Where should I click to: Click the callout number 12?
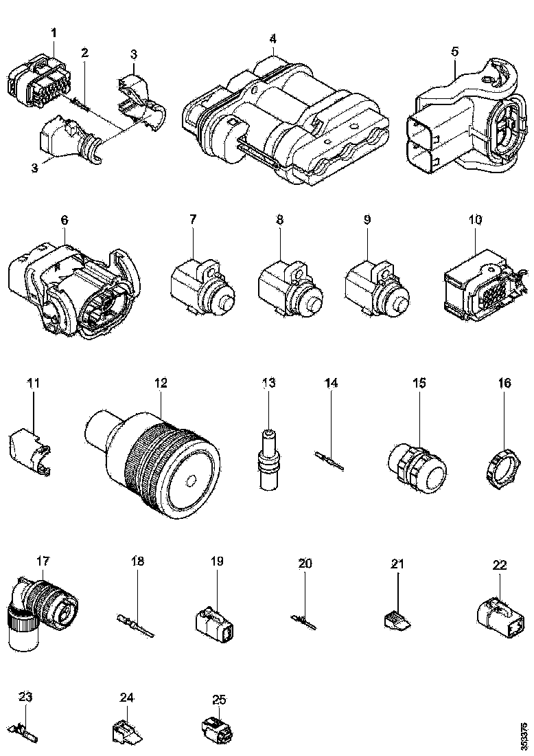161,383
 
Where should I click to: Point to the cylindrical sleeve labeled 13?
268,460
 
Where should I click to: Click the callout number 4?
272,38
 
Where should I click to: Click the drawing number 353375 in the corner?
524,735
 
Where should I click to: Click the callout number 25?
219,700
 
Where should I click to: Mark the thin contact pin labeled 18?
137,621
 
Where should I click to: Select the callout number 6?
65,220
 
